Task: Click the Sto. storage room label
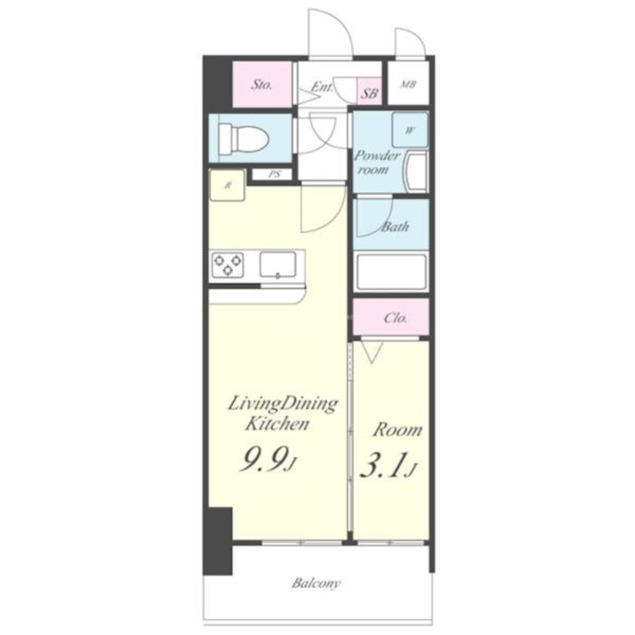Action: point(261,84)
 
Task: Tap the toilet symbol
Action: point(244,138)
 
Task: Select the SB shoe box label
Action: point(369,93)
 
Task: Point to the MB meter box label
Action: point(409,84)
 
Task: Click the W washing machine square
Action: point(410,130)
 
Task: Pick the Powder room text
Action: point(377,162)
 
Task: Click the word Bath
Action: point(395,226)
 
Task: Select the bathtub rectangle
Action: point(391,271)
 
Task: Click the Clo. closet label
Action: point(395,317)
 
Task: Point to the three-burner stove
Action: point(228,265)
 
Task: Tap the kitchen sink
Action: point(278,265)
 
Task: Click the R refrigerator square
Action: point(227,185)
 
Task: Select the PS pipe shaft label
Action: point(275,175)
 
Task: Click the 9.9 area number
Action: point(264,459)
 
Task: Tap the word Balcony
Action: point(317,584)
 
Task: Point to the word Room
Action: point(397,430)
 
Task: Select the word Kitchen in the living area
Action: point(277,424)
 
